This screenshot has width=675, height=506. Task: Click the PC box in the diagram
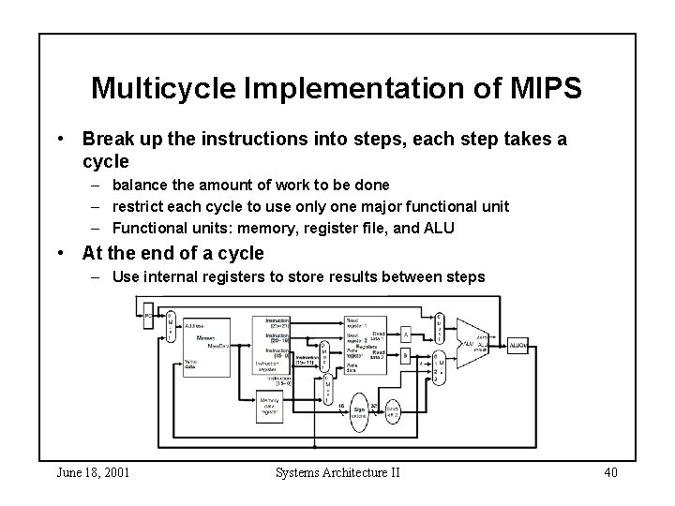[147, 317]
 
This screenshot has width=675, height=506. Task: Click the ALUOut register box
[517, 345]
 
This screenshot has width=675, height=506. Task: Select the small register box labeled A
[405, 333]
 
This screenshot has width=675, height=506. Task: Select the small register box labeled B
[405, 355]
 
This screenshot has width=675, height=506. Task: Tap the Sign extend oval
[359, 410]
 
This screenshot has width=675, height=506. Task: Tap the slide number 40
[609, 471]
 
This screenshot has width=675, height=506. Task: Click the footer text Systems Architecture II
[337, 471]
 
